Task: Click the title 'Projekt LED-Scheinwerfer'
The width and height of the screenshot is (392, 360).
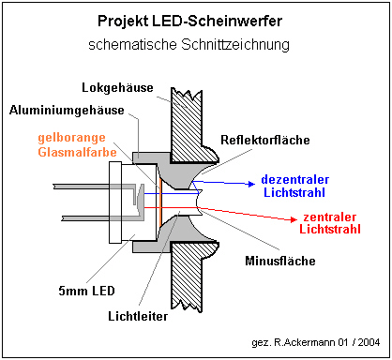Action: point(189,22)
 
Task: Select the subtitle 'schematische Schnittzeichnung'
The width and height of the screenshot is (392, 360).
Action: point(188,45)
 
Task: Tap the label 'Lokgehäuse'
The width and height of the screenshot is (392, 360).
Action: point(117,88)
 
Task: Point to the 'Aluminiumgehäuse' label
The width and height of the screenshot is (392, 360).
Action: point(67,111)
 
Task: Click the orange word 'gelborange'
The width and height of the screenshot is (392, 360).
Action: point(71,138)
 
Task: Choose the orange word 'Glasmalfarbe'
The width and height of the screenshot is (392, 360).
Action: point(77,152)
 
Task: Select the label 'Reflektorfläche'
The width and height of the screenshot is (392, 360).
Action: point(265,140)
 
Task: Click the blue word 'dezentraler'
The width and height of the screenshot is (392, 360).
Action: point(295,180)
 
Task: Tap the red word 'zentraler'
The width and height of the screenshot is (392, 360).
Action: point(329,217)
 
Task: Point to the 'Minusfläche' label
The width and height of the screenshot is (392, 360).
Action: point(280,261)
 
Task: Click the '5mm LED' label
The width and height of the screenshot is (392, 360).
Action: point(86,291)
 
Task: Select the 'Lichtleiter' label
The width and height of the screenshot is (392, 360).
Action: point(138,316)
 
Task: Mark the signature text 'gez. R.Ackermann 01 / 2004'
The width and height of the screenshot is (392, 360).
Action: point(316,342)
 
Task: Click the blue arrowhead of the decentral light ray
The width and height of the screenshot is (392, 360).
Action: point(251,184)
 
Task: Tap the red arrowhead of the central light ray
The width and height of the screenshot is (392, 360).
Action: point(294,219)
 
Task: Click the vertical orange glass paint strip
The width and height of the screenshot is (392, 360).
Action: point(160,202)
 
